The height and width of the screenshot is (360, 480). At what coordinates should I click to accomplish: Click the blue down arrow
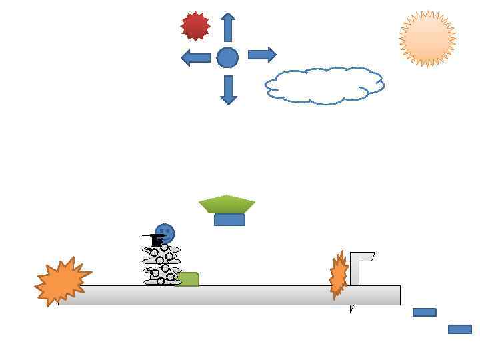pyautogui.click(x=229, y=89)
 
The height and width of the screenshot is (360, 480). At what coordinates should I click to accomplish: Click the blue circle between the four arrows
pyautogui.click(x=227, y=57)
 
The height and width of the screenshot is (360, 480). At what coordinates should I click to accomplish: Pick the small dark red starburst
pyautogui.click(x=195, y=26)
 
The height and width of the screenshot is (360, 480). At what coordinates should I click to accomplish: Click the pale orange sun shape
pyautogui.click(x=427, y=39)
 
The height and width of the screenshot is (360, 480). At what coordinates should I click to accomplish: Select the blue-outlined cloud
pyautogui.click(x=325, y=85)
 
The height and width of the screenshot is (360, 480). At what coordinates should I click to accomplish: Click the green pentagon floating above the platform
pyautogui.click(x=227, y=203)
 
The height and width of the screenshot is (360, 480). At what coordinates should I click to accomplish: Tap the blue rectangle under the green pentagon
pyautogui.click(x=229, y=220)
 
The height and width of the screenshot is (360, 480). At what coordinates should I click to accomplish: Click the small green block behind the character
pyautogui.click(x=189, y=279)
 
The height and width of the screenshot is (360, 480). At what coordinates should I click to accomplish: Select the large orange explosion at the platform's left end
pyautogui.click(x=61, y=281)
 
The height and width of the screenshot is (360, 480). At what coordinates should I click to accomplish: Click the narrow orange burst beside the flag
pyautogui.click(x=339, y=274)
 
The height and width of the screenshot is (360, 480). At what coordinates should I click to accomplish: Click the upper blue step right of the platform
pyautogui.click(x=424, y=312)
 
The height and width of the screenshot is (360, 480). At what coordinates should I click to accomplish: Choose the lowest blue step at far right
pyautogui.click(x=459, y=329)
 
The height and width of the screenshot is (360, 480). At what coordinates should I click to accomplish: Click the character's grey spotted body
pyautogui.click(x=161, y=265)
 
